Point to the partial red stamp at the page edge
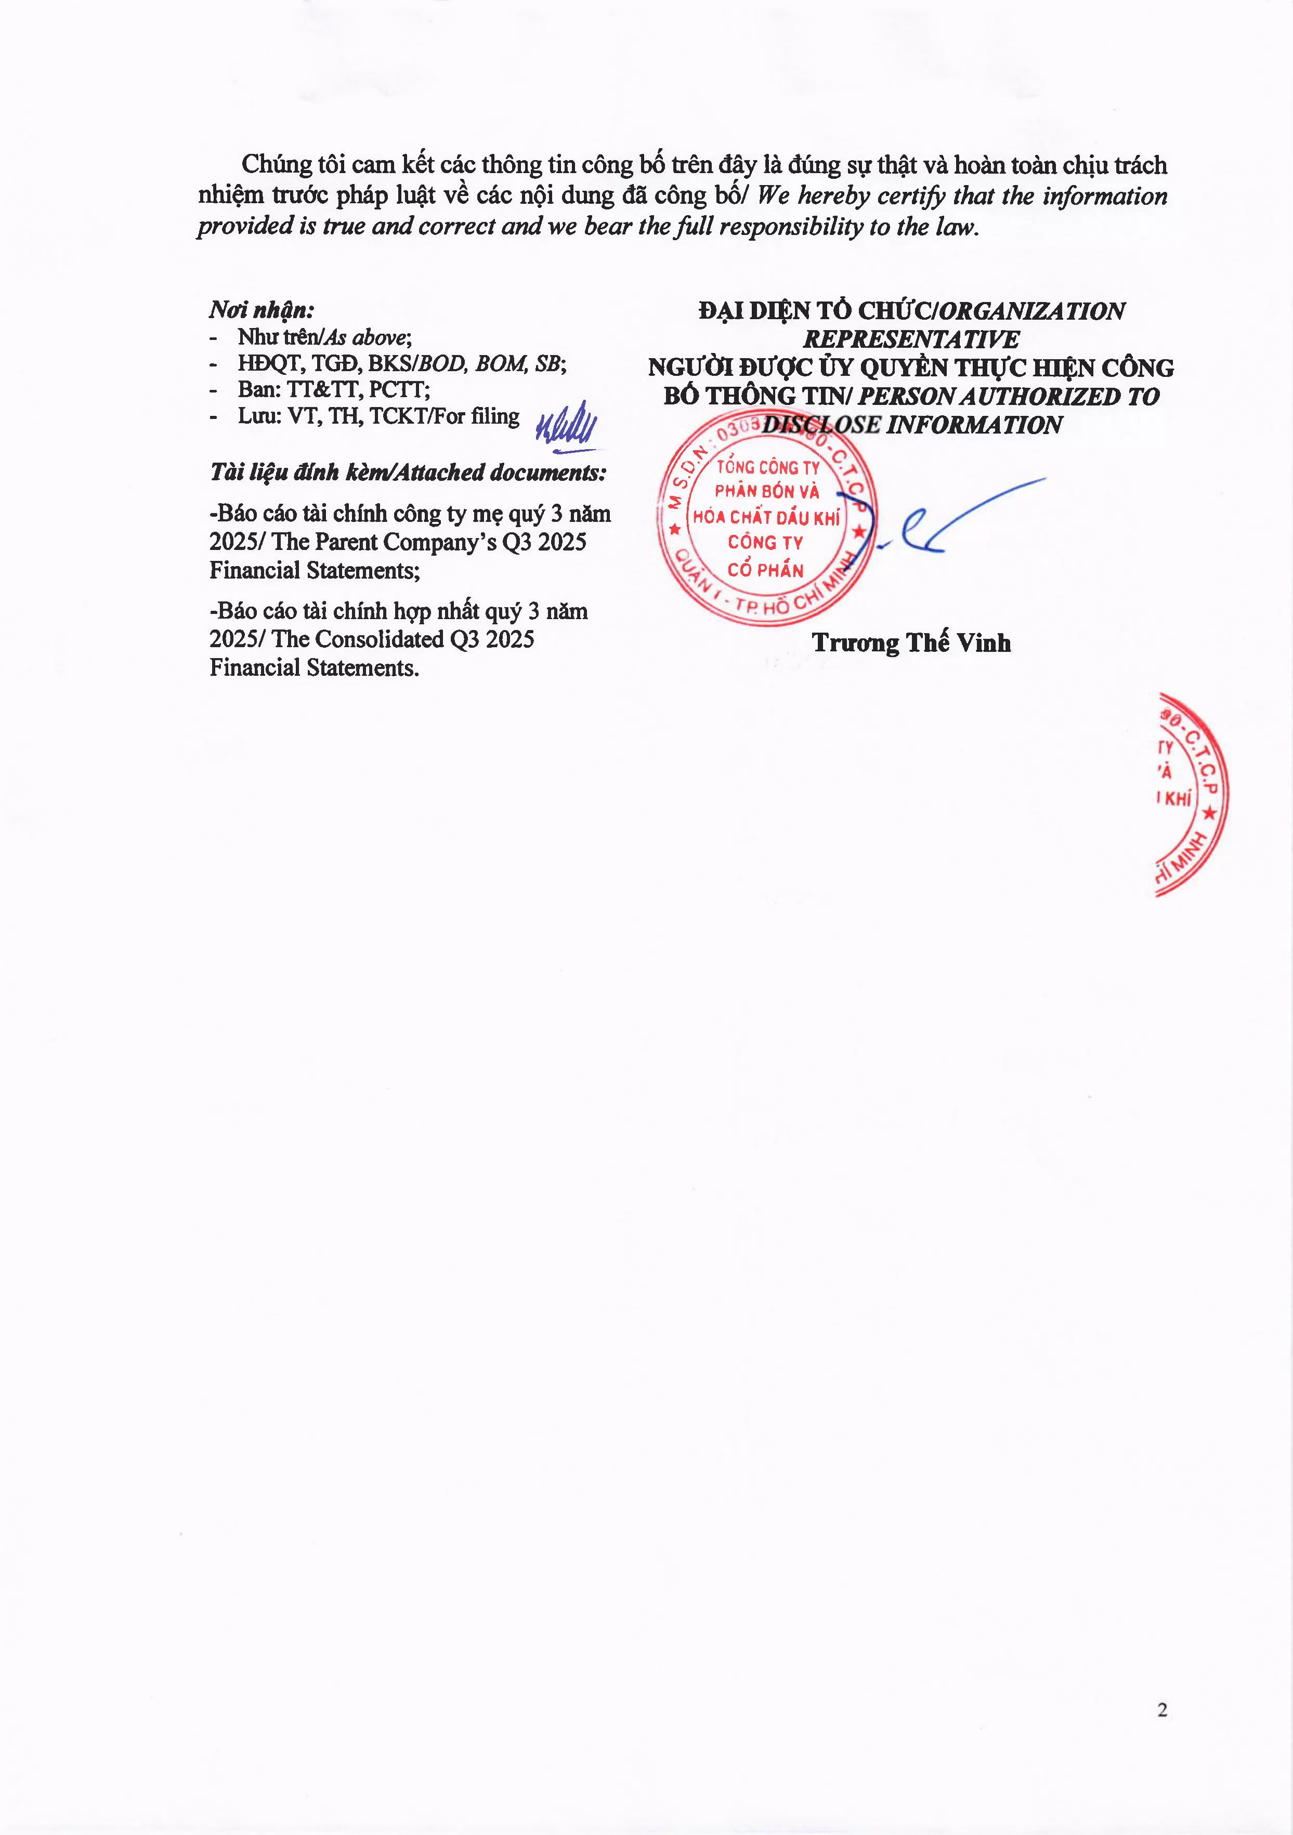[x=1191, y=795]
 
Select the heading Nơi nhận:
[x=262, y=310]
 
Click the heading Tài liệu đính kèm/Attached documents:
[x=408, y=473]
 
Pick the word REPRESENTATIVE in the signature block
[x=911, y=339]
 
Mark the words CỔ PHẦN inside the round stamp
[x=765, y=570]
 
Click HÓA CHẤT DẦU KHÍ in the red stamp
[x=766, y=517]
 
